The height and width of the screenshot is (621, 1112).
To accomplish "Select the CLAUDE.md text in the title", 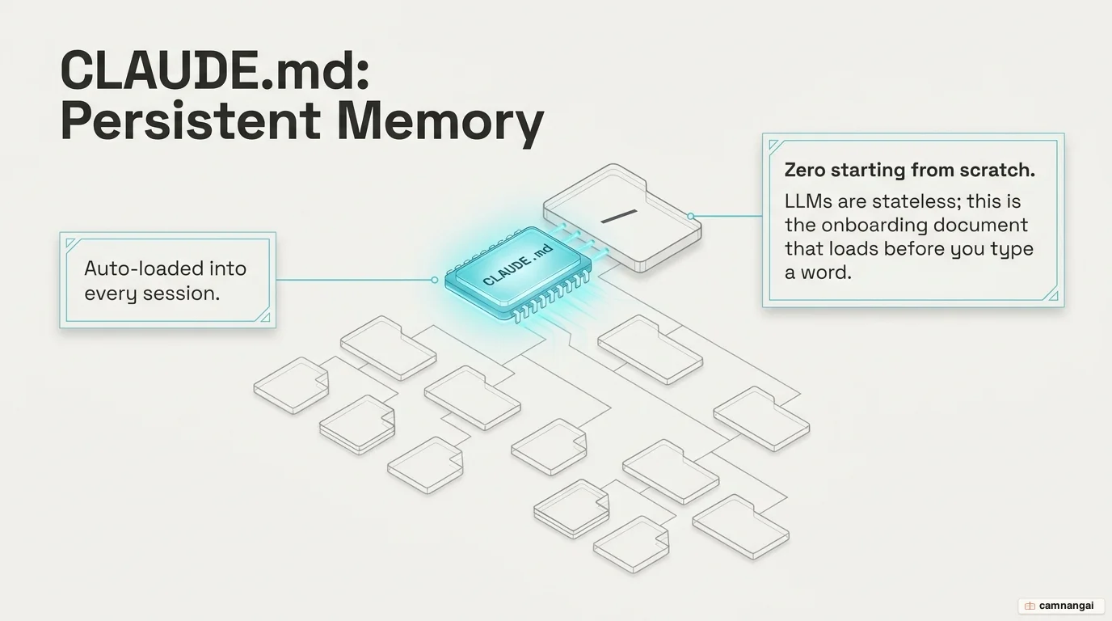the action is (x=214, y=70).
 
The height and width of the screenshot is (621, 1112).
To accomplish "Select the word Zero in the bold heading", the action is (x=804, y=171).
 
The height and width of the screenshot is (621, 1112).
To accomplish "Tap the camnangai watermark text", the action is (x=1066, y=606).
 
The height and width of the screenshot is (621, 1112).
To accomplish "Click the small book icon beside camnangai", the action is (x=1030, y=606).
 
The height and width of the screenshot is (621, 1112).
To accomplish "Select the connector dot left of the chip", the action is (x=435, y=281).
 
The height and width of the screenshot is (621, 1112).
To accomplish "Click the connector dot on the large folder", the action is (x=690, y=216).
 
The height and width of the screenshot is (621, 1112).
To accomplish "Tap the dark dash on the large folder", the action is (x=618, y=217).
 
